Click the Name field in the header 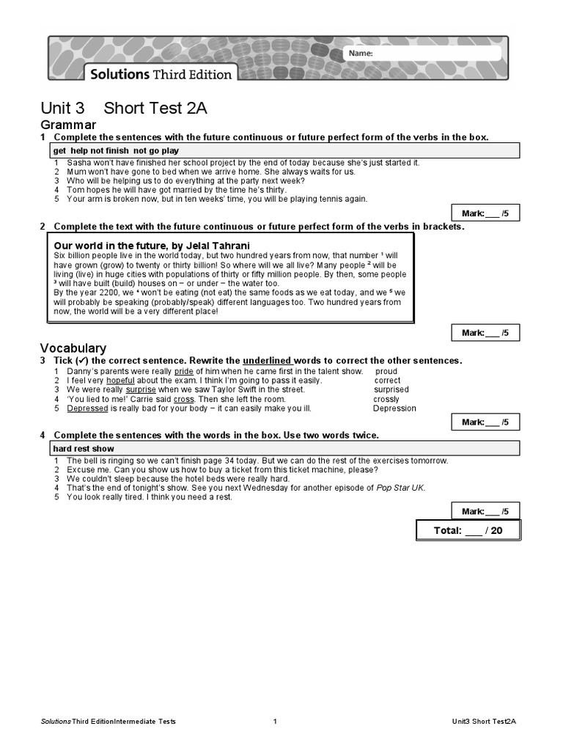click(422, 53)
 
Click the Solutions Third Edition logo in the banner click(161, 74)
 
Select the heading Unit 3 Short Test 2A click(124, 109)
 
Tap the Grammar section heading click(68, 125)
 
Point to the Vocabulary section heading click(73, 348)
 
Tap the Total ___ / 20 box click(468, 530)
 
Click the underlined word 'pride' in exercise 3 click(183, 371)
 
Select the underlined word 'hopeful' click(121, 381)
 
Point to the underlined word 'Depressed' click(87, 409)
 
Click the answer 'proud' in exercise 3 click(386, 371)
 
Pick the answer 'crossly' click(386, 399)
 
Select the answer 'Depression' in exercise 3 click(394, 409)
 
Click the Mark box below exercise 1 click(485, 213)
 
